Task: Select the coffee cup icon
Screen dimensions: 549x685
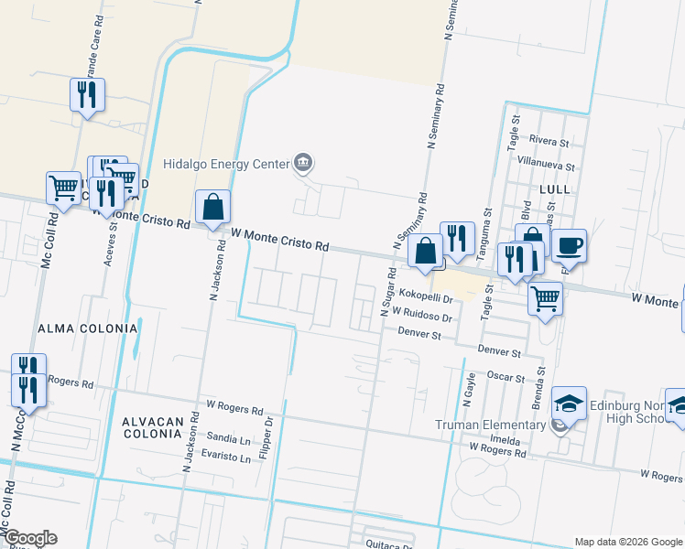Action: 569,244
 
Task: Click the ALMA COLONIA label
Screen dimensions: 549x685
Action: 88,328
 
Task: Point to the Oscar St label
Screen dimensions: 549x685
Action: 505,377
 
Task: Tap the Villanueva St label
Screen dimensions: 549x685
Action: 546,167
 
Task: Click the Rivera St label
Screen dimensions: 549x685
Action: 550,143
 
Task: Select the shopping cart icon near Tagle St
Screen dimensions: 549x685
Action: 545,296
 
